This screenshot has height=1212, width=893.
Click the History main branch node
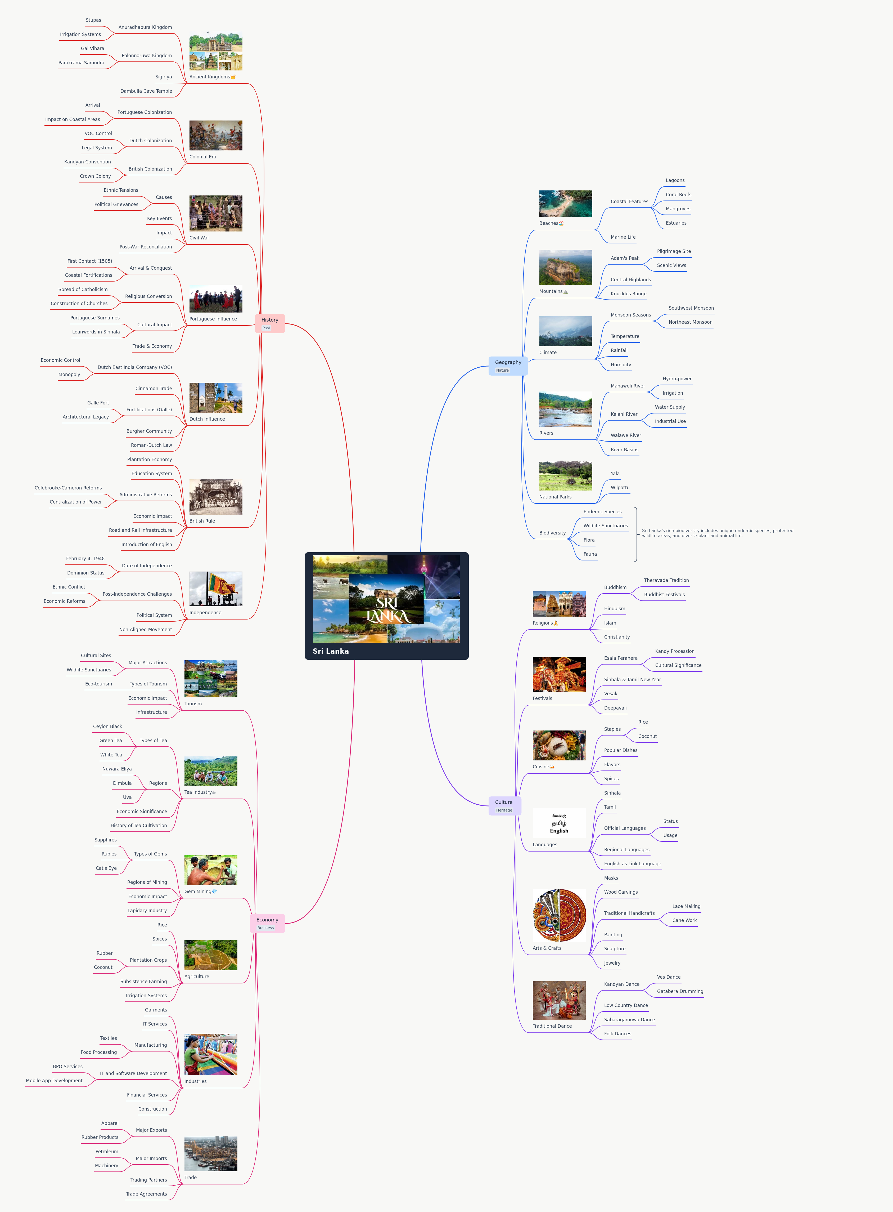point(270,323)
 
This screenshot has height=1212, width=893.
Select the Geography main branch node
point(508,366)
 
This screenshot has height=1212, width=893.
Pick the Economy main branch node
point(267,923)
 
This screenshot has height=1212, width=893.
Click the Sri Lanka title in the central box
point(331,651)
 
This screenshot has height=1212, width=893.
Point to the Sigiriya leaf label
point(163,77)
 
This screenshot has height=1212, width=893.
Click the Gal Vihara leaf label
point(92,49)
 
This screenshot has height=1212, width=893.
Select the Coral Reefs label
point(678,195)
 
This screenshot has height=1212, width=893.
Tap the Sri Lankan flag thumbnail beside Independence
point(216,589)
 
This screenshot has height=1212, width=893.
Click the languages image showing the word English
point(559,823)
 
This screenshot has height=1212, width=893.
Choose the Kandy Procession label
point(675,651)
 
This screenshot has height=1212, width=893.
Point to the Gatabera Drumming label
point(680,991)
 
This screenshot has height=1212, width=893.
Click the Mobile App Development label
point(54,1081)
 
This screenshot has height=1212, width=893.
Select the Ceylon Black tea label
point(107,726)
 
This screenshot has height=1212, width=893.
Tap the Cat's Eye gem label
point(106,868)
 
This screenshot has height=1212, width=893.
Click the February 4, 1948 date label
point(85,559)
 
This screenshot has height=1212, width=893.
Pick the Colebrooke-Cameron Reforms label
point(68,488)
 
